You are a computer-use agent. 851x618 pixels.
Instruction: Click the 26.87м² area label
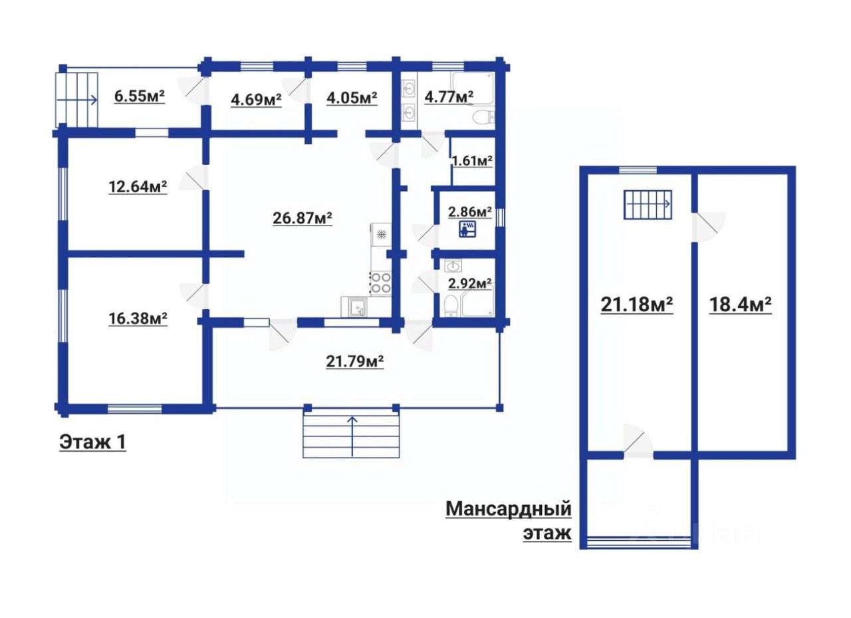(303, 218)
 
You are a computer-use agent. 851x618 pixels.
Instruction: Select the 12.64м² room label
(138, 187)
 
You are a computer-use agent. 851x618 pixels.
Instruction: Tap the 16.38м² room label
(138, 318)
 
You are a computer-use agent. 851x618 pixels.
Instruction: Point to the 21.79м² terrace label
(354, 361)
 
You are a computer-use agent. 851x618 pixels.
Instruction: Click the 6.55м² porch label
(140, 96)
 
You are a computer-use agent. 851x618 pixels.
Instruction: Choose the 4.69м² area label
(256, 100)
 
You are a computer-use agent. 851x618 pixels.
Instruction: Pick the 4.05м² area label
(352, 98)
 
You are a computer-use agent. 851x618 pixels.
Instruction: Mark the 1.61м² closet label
(472, 161)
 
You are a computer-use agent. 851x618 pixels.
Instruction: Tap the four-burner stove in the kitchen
(381, 283)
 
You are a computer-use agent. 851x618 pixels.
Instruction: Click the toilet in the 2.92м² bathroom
(451, 306)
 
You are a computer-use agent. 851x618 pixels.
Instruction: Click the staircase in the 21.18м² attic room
(648, 205)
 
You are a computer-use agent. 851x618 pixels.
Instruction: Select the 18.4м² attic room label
(741, 305)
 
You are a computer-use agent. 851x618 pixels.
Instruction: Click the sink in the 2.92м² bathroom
(453, 266)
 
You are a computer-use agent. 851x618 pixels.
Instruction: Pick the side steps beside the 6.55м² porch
(76, 100)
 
